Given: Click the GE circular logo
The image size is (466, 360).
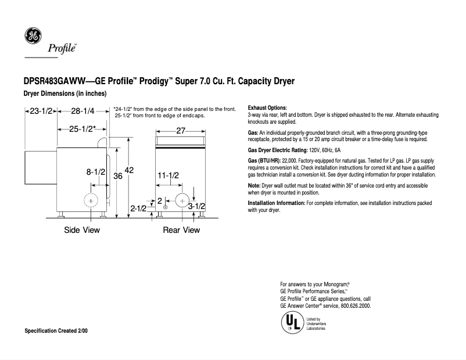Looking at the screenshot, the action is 32,36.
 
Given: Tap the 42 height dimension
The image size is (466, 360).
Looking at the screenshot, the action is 129,170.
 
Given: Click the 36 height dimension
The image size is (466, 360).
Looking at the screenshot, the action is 117,175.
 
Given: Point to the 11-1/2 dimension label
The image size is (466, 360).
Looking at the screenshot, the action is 168,175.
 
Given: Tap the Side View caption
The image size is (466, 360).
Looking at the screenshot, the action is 82,230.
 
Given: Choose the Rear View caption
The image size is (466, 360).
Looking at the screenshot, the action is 181,230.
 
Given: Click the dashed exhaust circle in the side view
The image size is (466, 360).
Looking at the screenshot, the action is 91,200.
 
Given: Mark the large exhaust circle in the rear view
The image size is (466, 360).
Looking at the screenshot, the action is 182,200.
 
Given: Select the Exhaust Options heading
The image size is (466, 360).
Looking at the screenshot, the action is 267,108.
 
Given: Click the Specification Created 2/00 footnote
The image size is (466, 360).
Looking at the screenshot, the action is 56,330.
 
